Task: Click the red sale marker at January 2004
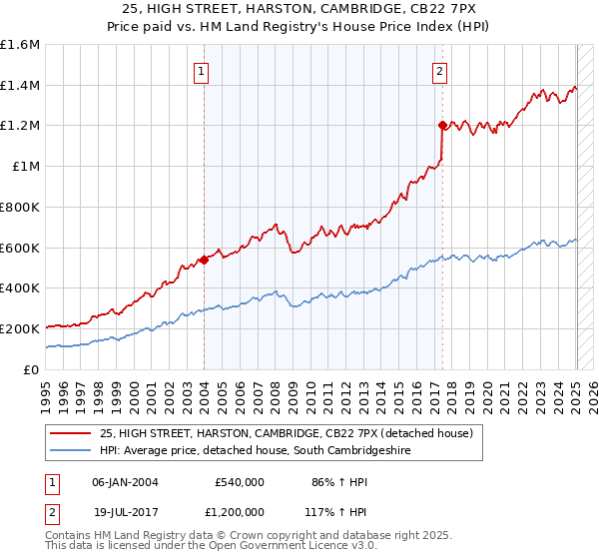point(204,260)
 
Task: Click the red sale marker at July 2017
point(441,125)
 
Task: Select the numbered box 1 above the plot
point(203,71)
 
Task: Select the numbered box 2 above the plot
point(440,71)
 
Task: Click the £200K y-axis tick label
point(20,328)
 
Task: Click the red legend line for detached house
point(72,432)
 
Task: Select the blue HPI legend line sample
point(72,451)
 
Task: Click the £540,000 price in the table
point(240,481)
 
